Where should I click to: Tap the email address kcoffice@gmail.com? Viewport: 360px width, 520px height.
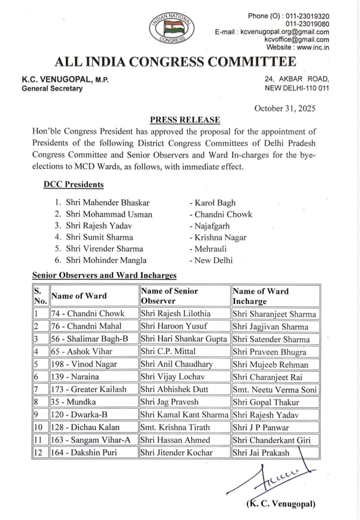pyautogui.click(x=297, y=39)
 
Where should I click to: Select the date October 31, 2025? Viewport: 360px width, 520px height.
pyautogui.click(x=285, y=108)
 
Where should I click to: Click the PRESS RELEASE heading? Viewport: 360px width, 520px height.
pyautogui.click(x=185, y=120)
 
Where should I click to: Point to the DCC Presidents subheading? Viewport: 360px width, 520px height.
pyautogui.click(x=73, y=185)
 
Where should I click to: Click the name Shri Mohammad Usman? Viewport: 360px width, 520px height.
pyautogui.click(x=109, y=215)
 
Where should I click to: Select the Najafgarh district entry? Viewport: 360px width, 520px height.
pyautogui.click(x=212, y=226)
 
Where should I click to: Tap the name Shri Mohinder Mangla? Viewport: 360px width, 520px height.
pyautogui.click(x=106, y=260)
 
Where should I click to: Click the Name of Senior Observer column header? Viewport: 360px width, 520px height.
pyautogui.click(x=169, y=296)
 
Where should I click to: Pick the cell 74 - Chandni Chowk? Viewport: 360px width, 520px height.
pyautogui.click(x=88, y=314)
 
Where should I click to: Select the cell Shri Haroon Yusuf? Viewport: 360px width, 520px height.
pyautogui.click(x=174, y=326)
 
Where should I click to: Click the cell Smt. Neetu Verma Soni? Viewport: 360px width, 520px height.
pyautogui.click(x=274, y=390)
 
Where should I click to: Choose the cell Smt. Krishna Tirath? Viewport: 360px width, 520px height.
pyautogui.click(x=175, y=427)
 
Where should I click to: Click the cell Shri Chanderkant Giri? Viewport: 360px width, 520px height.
pyautogui.click(x=271, y=440)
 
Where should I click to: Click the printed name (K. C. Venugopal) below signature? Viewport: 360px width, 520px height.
pyautogui.click(x=281, y=504)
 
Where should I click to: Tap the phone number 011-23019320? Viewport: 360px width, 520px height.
pyautogui.click(x=307, y=16)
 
